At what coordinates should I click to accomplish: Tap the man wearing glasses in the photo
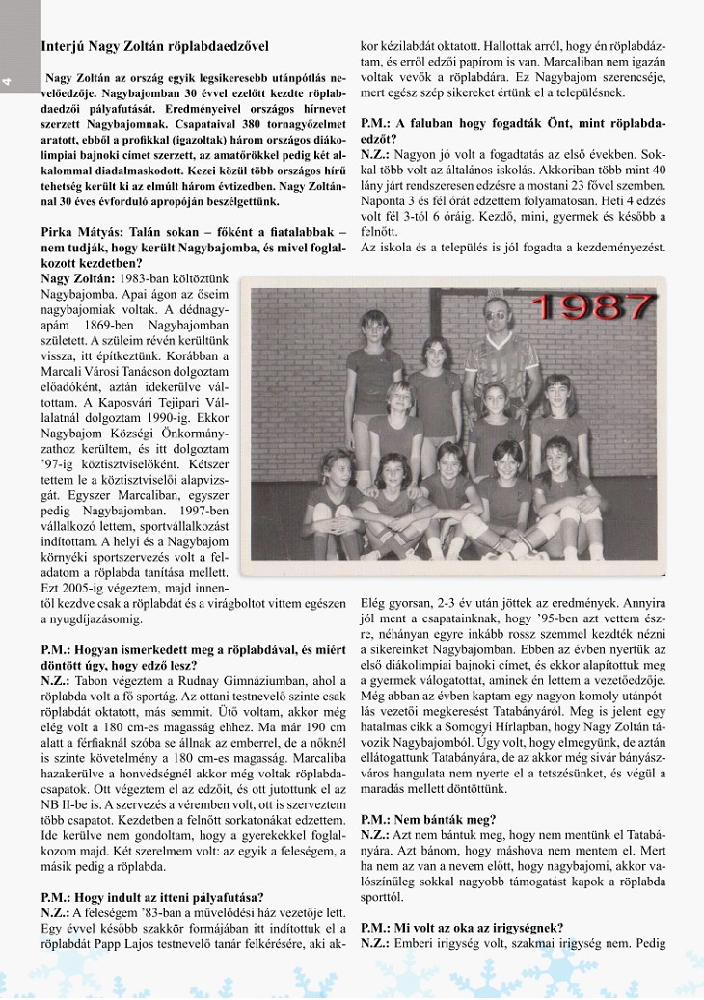[x=501, y=337]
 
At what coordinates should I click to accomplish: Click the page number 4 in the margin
[x=7, y=82]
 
